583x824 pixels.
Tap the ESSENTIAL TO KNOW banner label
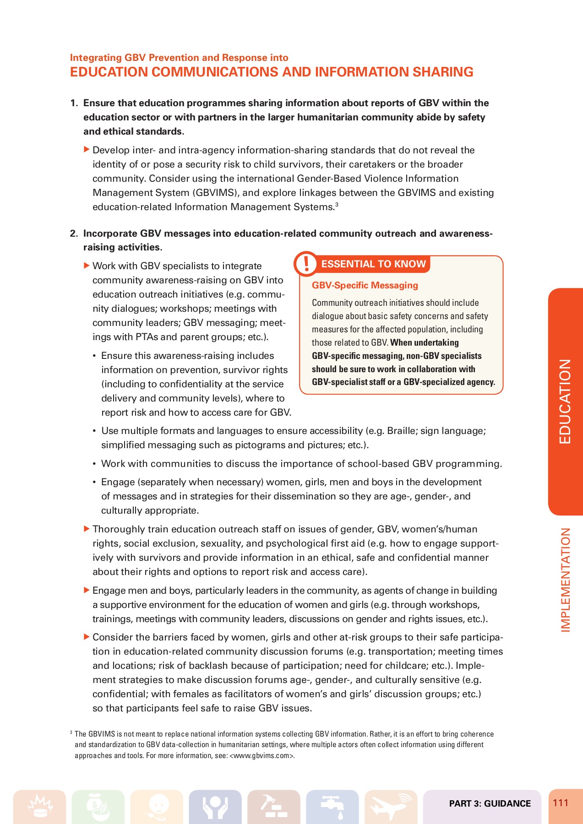pos(373,264)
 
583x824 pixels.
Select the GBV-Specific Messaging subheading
pos(365,285)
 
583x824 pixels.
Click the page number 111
pos(561,803)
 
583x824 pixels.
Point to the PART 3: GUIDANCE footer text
pos(490,803)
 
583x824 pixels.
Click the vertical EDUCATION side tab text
pos(566,401)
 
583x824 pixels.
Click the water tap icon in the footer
pos(332,807)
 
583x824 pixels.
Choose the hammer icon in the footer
pos(273,807)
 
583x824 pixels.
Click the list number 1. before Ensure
pos(74,103)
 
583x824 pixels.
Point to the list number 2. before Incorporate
pos(74,233)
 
